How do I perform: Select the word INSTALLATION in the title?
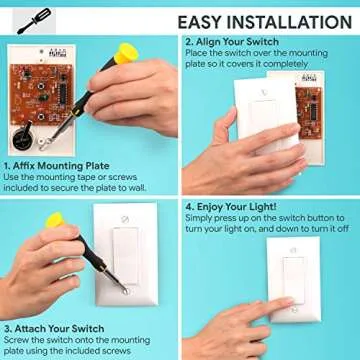click(295, 21)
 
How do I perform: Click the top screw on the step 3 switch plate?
click(124, 219)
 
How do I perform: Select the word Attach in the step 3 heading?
click(36, 327)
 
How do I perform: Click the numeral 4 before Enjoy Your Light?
click(188, 207)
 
